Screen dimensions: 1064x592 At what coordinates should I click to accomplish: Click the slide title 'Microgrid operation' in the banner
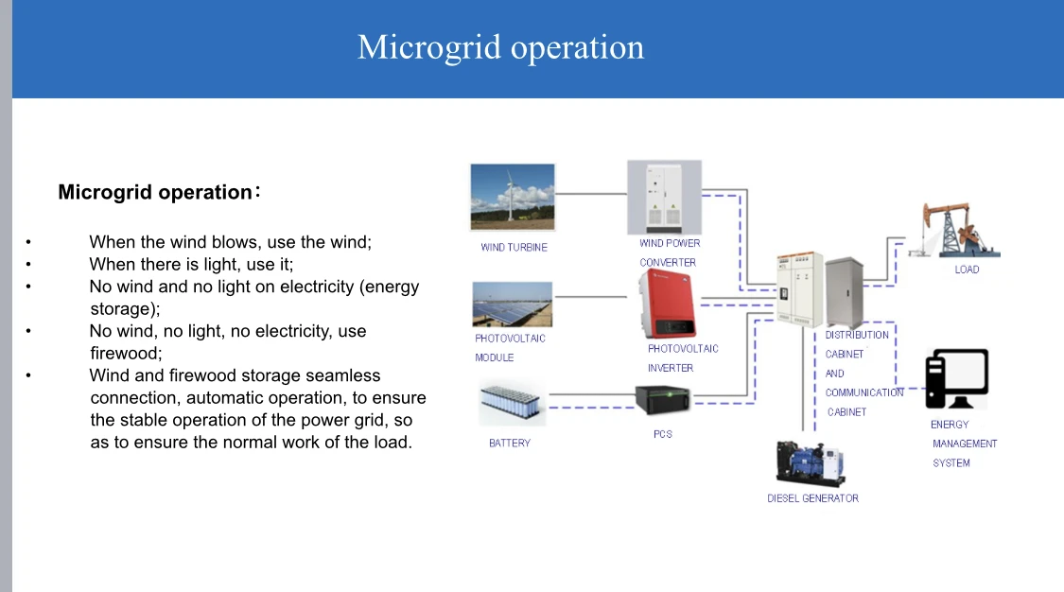500,47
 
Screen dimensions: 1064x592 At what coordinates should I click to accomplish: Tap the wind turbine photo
514,197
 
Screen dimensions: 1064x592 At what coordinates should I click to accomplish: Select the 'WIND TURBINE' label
514,248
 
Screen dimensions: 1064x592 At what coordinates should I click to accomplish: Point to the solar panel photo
513,305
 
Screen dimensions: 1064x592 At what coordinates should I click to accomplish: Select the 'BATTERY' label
510,443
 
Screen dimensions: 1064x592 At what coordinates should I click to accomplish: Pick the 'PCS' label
663,434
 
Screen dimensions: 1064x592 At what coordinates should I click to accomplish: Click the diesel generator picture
811,463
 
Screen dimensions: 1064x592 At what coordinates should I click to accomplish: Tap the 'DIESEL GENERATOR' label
812,498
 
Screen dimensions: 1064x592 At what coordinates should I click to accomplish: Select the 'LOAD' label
967,270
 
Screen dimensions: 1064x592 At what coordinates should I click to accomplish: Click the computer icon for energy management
957,380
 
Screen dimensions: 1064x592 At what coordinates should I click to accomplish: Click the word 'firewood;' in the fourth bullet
126,353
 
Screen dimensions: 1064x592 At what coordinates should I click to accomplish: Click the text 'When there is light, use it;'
192,264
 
